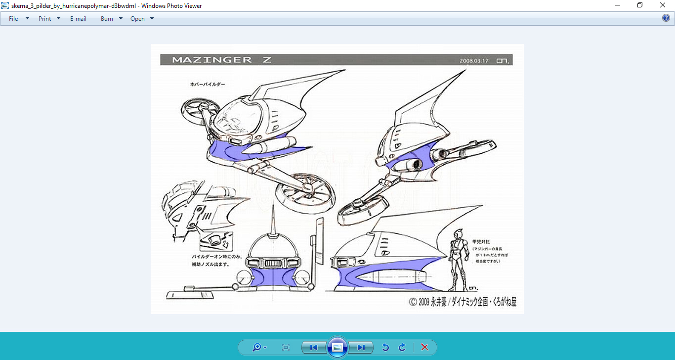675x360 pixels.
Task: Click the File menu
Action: click(13, 19)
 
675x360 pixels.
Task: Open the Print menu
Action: click(45, 19)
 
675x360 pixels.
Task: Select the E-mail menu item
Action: click(78, 19)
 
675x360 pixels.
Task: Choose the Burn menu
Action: click(107, 19)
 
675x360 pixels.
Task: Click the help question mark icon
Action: click(666, 18)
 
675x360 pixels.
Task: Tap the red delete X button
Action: click(424, 347)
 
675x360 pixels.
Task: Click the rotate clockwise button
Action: click(402, 347)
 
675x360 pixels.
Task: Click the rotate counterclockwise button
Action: click(385, 347)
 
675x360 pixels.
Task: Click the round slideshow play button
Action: click(337, 347)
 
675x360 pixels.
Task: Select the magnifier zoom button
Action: click(256, 347)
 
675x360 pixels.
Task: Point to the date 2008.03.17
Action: click(474, 61)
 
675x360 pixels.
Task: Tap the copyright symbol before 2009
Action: click(413, 302)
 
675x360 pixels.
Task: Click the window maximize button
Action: click(640, 5)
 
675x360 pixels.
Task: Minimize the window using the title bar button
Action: click(618, 5)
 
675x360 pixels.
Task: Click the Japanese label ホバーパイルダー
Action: click(208, 85)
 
